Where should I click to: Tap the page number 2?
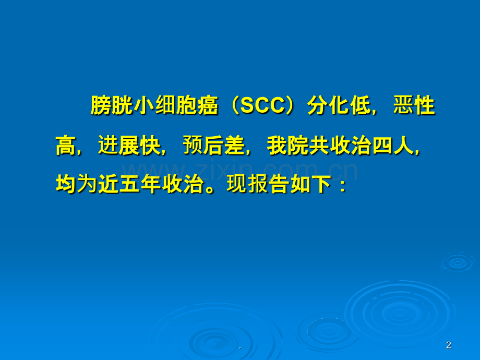pos(449,345)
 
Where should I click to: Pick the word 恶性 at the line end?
pos(414,105)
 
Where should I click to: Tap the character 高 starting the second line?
pos(66,145)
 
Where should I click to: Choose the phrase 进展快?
pos(129,145)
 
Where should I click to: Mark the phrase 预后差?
pos(214,145)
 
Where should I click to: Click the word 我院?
pos(288,145)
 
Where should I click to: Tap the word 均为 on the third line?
pos(77,185)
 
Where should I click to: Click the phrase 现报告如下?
pos(279,185)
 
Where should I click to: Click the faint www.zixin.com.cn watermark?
pos(239,171)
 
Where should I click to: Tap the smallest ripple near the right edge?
pos(458,262)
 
